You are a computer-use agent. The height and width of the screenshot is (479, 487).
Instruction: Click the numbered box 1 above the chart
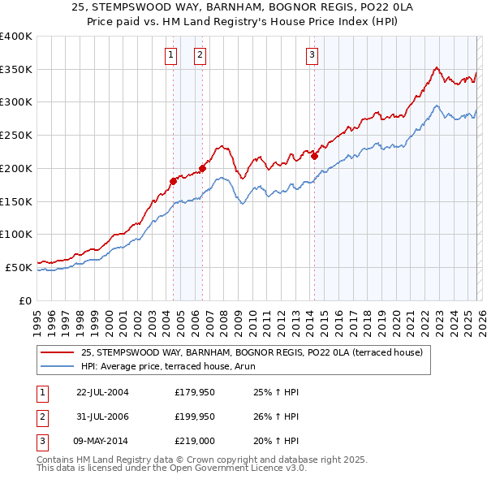tap(171, 55)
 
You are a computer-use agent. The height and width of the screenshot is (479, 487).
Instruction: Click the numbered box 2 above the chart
tap(200, 55)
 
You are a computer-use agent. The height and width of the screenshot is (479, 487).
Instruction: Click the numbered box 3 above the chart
tap(312, 55)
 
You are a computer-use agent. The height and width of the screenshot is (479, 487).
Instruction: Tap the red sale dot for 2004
tap(173, 181)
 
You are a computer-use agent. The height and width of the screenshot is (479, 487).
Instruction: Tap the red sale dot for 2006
tap(202, 168)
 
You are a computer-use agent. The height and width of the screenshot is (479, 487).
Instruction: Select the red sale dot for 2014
tap(314, 156)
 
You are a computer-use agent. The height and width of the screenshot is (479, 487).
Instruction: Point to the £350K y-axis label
tap(15, 69)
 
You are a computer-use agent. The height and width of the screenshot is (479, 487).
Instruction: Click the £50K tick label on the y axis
tap(19, 267)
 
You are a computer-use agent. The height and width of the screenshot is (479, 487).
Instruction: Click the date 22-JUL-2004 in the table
tap(102, 392)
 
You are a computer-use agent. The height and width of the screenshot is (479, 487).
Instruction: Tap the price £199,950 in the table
tap(195, 416)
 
